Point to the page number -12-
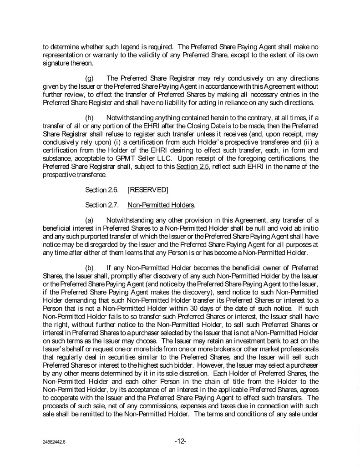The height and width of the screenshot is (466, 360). click(x=180, y=441)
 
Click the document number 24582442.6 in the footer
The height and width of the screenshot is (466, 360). click(x=52, y=442)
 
